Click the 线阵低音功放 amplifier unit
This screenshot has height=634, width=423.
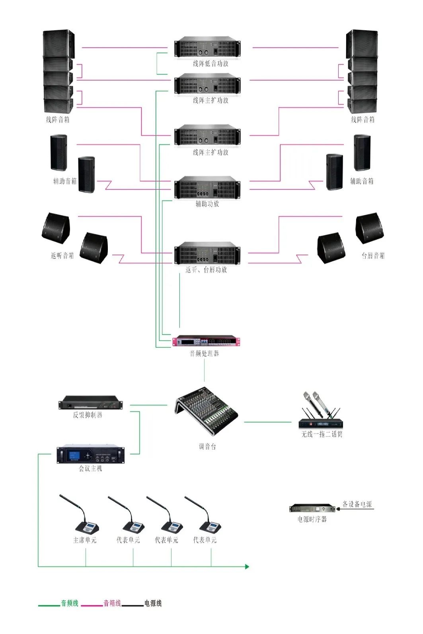coord(207,47)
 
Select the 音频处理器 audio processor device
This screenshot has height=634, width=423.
coord(207,341)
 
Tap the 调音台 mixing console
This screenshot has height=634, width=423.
coord(206,411)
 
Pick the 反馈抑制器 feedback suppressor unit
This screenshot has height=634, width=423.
coord(91,403)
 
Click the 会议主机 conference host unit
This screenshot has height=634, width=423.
coord(91,455)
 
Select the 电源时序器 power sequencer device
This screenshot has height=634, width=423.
coord(312,508)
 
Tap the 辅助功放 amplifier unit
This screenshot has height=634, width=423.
coord(207,187)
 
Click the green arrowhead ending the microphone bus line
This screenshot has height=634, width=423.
coord(247,566)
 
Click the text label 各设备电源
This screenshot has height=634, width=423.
coord(357,504)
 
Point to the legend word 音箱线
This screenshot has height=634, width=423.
coord(112,603)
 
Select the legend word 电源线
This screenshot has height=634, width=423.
coord(153,603)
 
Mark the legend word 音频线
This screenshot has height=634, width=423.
coord(70,603)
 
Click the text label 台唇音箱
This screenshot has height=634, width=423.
coord(373,256)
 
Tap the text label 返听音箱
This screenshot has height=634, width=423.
coord(62,256)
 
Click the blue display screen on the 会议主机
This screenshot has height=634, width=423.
coord(74,456)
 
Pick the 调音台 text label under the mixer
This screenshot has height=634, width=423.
coord(207,447)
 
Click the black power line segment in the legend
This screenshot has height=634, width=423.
coord(133,606)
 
